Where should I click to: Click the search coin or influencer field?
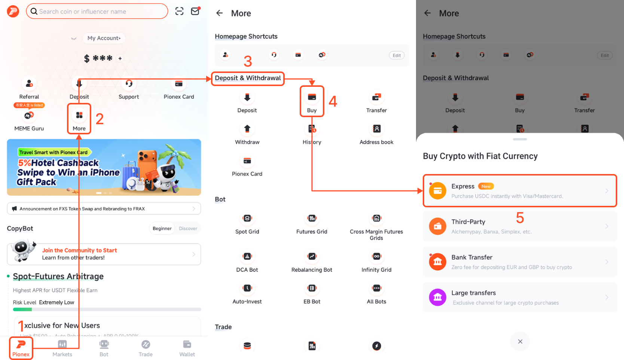97,12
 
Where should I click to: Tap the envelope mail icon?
195,11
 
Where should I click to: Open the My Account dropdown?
104,38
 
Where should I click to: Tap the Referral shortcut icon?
29,84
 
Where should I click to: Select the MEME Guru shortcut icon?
29,116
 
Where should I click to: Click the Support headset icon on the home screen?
129,84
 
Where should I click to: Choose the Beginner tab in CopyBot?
162,229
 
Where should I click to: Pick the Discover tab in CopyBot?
188,229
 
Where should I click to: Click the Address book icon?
376,129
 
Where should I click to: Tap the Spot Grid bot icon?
247,219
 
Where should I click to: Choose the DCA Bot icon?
247,257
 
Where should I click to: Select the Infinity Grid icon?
376,257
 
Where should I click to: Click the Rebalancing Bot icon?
312,257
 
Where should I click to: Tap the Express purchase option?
520,191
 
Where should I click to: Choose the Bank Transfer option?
520,262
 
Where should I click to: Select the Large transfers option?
520,298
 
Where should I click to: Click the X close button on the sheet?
520,342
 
